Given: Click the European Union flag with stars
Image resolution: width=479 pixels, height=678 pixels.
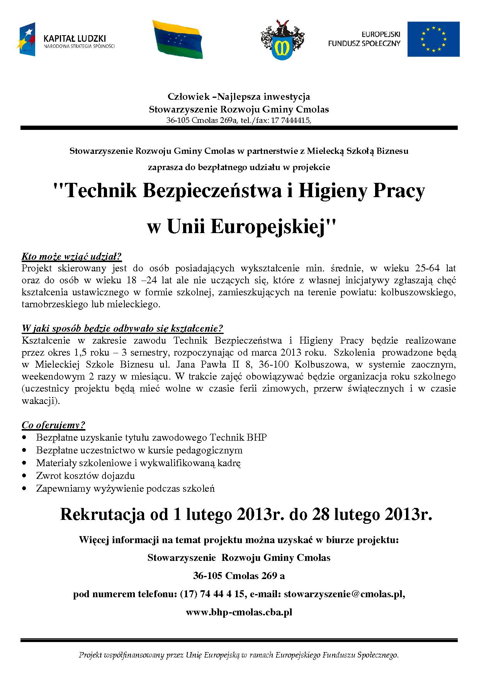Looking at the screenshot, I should tap(433, 39).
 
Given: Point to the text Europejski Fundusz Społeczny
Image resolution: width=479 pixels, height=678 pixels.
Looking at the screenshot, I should tap(364, 39).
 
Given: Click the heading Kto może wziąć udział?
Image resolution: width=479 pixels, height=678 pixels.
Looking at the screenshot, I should tap(72, 256).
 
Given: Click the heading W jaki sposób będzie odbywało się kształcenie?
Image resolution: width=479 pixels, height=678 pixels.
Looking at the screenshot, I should tap(122, 329).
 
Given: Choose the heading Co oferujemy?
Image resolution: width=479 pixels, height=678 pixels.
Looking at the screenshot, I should tap(53, 425).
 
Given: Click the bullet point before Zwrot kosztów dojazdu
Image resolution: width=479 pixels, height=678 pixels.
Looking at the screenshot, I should tap(25, 476).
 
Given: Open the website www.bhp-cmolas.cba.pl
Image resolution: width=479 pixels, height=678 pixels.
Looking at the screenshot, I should tap(239, 612).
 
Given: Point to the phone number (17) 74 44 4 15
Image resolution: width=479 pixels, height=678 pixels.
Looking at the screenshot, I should tap(213, 594).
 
